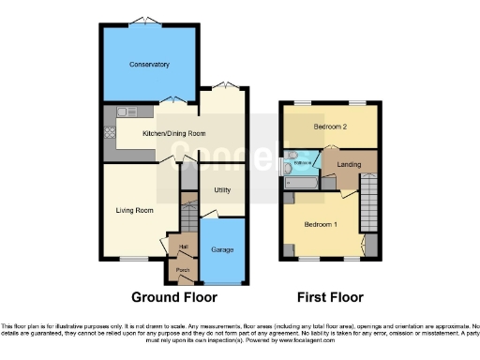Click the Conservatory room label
[x=149, y=65]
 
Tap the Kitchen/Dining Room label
[x=173, y=133]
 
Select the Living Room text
[x=134, y=210]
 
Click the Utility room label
[x=222, y=189]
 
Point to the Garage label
[x=222, y=250]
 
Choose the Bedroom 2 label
[x=330, y=126]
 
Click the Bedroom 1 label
[x=322, y=225]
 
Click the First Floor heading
[x=330, y=297]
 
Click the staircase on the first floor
[x=367, y=202]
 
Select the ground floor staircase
[x=187, y=218]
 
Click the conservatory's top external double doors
[x=142, y=21]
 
